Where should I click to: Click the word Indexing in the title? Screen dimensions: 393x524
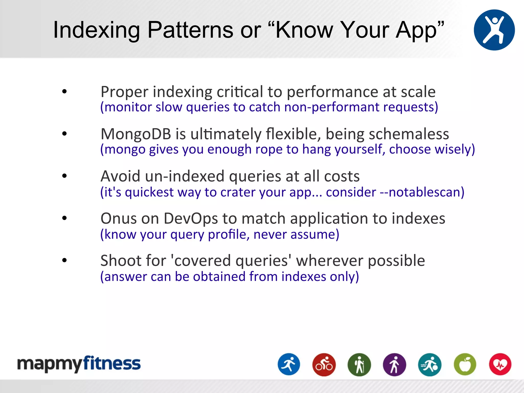click(96, 30)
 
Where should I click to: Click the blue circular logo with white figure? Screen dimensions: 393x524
click(494, 30)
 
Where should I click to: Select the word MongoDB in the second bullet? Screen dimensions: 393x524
click(136, 134)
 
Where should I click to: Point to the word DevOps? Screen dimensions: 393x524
click(191, 219)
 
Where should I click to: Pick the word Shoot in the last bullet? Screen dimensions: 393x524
click(120, 261)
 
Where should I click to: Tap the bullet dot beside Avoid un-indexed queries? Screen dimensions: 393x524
click(64, 176)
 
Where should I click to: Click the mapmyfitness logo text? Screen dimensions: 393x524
click(79, 364)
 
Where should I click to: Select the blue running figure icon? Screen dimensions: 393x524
click(289, 364)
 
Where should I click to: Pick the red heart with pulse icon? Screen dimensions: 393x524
click(500, 364)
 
